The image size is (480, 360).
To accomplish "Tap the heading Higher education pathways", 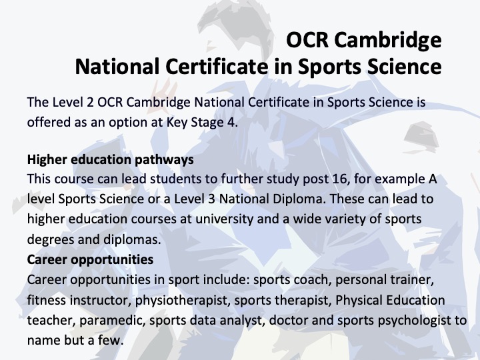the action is click(x=110, y=160).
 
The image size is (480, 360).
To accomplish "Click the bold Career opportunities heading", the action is click(x=90, y=259).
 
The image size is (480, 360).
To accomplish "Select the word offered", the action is click(x=47, y=122).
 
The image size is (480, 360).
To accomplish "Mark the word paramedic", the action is click(x=113, y=321).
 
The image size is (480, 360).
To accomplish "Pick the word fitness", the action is click(x=46, y=300).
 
